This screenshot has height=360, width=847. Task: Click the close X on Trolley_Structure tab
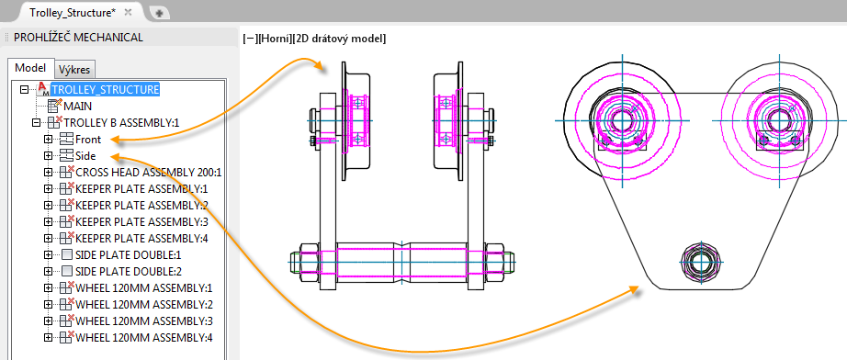coord(128,12)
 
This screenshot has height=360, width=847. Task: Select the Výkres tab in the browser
coord(75,70)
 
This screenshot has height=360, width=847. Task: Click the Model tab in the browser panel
coord(31,68)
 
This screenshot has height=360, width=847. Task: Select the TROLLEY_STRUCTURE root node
coord(105,89)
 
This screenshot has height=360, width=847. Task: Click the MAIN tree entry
coord(78,106)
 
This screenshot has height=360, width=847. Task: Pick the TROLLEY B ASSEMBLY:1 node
coord(121,122)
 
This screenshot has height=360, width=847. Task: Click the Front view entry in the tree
coord(88,140)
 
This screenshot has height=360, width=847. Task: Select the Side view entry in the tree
coord(85,156)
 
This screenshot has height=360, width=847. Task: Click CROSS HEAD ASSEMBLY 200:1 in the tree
coord(149,173)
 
